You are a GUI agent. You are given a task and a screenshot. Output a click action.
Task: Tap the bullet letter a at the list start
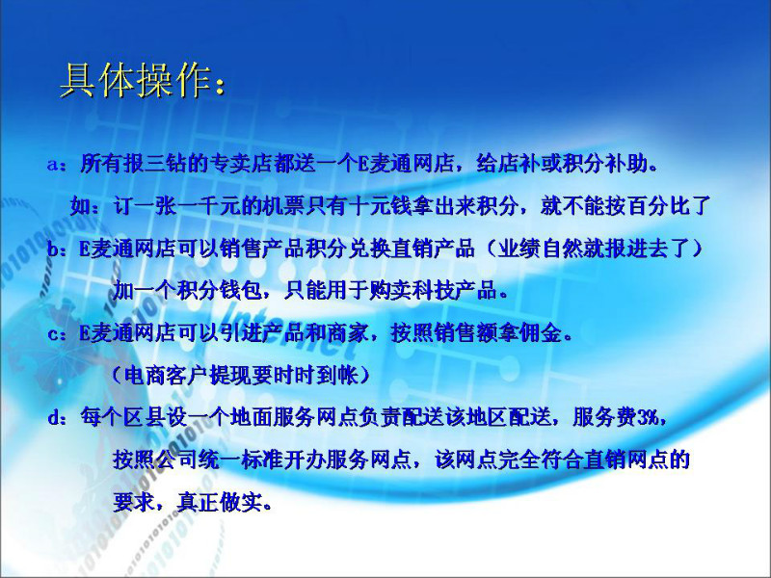click(x=52, y=164)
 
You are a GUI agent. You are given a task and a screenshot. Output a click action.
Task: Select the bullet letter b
click(x=52, y=249)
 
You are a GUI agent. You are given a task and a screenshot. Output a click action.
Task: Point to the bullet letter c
click(x=52, y=334)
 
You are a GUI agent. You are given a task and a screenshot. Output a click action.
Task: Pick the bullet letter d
click(x=53, y=418)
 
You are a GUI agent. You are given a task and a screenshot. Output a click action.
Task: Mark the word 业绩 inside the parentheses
click(x=519, y=249)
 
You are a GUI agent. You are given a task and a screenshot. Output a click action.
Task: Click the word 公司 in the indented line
click(x=177, y=460)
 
